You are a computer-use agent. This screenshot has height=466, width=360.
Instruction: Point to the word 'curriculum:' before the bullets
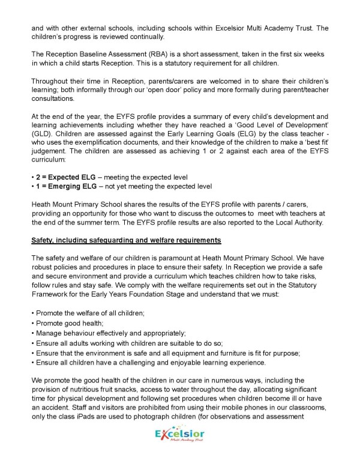pos(50,158)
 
